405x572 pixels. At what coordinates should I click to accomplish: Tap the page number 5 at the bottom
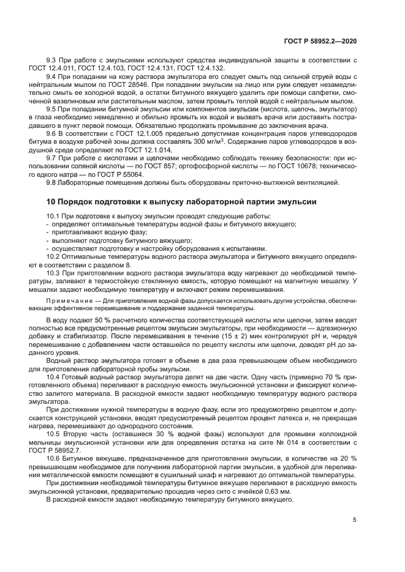(355, 520)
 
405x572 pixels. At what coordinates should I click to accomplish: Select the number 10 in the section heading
(51, 202)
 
